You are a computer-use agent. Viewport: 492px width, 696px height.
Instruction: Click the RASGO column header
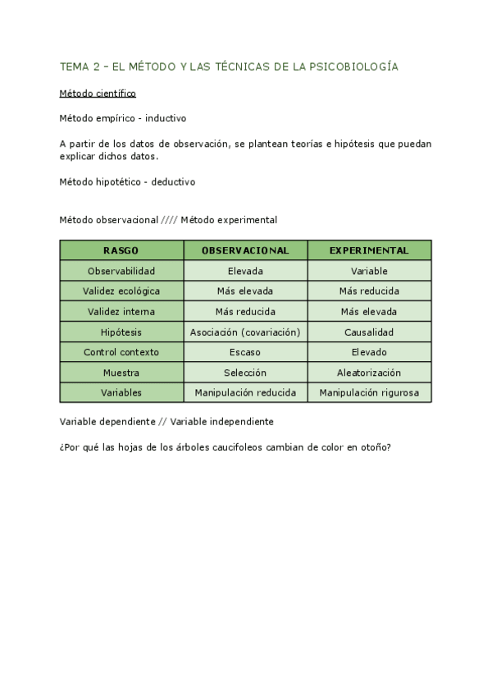(x=121, y=250)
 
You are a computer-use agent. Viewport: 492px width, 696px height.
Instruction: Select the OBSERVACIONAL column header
(x=245, y=250)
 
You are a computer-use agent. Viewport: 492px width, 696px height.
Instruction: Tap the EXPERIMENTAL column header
(x=369, y=250)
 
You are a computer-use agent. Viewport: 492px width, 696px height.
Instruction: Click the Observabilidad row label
(x=121, y=271)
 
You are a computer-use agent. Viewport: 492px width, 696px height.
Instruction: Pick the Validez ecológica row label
(x=121, y=291)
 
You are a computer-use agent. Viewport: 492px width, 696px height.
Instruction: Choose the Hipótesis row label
(x=121, y=332)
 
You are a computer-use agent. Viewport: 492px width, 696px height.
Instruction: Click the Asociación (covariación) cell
(x=245, y=332)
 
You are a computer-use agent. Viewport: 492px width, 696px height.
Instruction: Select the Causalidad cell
(x=369, y=332)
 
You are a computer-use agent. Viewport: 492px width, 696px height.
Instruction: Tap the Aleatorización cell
(x=369, y=373)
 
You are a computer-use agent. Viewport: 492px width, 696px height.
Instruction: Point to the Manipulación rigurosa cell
(x=369, y=393)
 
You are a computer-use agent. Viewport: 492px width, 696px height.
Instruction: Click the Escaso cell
(x=245, y=352)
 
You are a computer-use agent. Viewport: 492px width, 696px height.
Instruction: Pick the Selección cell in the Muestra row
(x=245, y=373)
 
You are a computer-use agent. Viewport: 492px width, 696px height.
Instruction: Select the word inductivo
(x=166, y=117)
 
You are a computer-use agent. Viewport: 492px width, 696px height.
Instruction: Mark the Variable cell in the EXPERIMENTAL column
(x=369, y=271)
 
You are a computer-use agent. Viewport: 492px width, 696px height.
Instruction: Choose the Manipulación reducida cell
(x=245, y=393)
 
